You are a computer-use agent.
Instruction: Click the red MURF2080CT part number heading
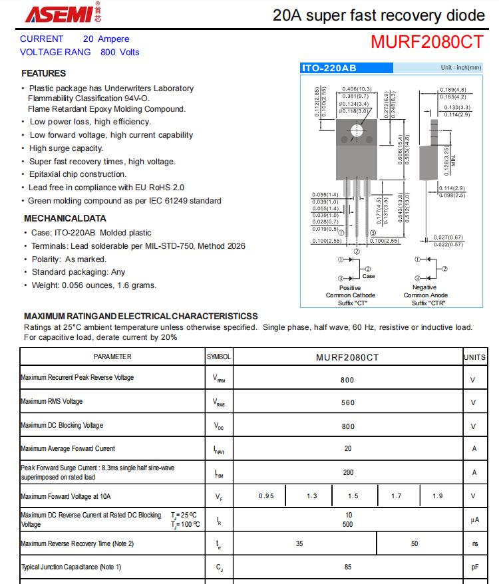pos(426,42)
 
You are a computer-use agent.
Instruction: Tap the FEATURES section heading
pos(44,73)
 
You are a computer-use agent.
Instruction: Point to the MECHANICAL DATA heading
pos(65,218)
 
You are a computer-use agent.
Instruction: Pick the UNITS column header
pos(474,357)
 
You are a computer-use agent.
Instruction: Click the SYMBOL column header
pos(219,357)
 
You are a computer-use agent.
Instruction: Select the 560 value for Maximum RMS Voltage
pos(347,402)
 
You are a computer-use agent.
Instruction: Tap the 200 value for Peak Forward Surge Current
pos(347,472)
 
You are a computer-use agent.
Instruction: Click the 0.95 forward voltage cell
pos(266,496)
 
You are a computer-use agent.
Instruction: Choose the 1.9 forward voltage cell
pos(437,496)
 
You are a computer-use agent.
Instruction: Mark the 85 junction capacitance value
pos(347,567)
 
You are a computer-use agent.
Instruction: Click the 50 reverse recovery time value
pos(415,543)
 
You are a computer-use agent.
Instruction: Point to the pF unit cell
pos(474,567)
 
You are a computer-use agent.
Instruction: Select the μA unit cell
pos(474,519)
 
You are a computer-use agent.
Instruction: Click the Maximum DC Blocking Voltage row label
pos(62,426)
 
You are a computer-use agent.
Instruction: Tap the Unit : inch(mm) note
pos(460,68)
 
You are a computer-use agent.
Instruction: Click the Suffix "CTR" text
pos(428,303)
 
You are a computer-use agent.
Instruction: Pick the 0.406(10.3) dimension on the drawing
pos(357,89)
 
